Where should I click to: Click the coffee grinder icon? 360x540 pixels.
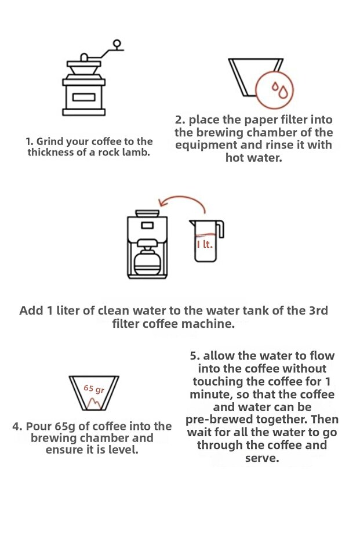pos(84,82)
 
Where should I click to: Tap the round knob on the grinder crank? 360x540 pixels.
pos(117,44)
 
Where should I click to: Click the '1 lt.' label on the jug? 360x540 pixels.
pos(205,245)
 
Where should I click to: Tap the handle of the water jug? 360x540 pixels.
pos(220,229)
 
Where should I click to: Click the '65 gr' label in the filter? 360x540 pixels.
pos(94,389)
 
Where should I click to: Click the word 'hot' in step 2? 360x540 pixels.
pos(234,158)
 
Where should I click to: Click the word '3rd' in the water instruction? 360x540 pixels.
pos(318,311)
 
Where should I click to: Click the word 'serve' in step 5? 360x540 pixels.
pos(262,458)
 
